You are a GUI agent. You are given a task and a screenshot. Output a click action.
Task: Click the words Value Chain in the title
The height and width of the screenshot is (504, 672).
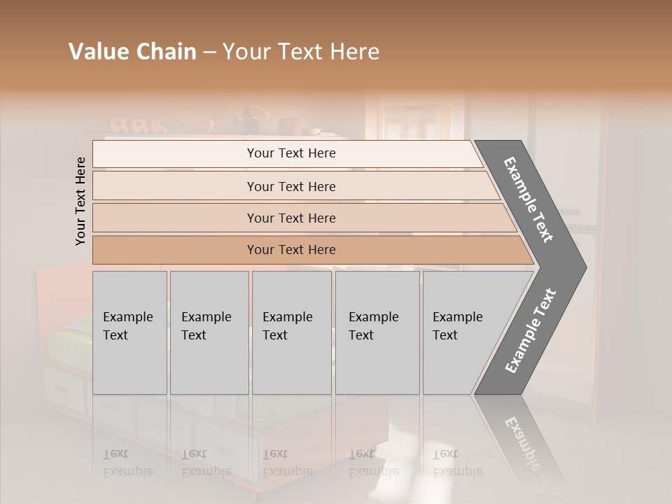pyautogui.click(x=132, y=52)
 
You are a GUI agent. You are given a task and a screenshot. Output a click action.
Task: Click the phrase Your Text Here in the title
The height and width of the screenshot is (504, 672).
pyautogui.click(x=301, y=52)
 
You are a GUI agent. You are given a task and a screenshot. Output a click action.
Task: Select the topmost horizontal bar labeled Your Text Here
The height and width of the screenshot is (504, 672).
pyautogui.click(x=290, y=153)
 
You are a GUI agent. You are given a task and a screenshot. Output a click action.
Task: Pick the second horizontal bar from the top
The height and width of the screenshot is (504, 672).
pyautogui.click(x=290, y=186)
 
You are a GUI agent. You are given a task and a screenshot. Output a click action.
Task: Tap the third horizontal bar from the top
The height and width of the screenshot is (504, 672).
pyautogui.click(x=290, y=218)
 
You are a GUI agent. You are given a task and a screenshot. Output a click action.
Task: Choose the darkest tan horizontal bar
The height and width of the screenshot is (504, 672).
pyautogui.click(x=290, y=250)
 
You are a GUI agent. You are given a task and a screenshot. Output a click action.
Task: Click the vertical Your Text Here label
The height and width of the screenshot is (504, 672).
pyautogui.click(x=80, y=201)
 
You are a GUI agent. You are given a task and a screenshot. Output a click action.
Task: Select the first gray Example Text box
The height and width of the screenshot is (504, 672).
pyautogui.click(x=129, y=332)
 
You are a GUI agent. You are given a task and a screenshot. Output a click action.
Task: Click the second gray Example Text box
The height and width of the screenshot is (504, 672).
pyautogui.click(x=209, y=332)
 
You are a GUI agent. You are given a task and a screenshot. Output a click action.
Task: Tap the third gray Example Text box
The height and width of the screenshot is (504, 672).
pyautogui.click(x=291, y=332)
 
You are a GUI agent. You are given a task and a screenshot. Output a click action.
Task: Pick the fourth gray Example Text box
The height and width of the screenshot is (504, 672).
pyautogui.click(x=377, y=332)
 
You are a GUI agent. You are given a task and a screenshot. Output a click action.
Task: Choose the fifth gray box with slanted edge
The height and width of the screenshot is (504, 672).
pyautogui.click(x=462, y=332)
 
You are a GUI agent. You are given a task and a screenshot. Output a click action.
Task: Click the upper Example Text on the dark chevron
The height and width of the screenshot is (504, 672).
pyautogui.click(x=529, y=199)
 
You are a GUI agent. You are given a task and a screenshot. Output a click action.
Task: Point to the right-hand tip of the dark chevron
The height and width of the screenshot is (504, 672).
pyautogui.click(x=584, y=267)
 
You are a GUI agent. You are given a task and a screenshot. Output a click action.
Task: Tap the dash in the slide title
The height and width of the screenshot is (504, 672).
pyautogui.click(x=209, y=52)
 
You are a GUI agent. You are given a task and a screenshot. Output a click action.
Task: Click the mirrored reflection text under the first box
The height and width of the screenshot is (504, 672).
pyautogui.click(x=127, y=463)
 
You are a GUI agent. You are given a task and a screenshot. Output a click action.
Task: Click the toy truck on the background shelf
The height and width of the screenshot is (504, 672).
pyautogui.click(x=137, y=126)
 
